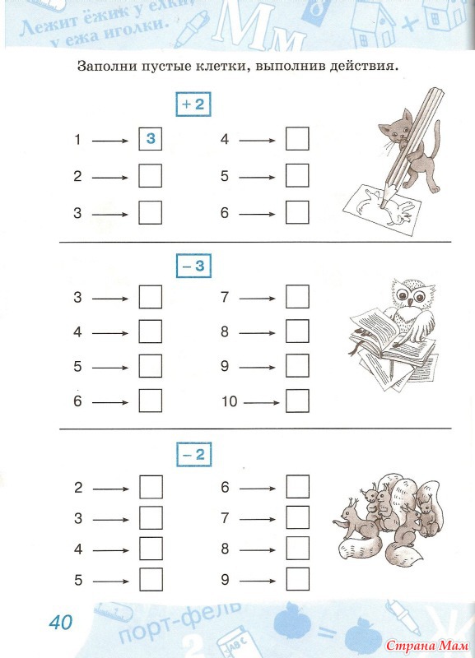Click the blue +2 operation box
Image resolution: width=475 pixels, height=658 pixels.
click(x=193, y=104)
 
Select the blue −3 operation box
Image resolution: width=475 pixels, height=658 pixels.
click(x=193, y=266)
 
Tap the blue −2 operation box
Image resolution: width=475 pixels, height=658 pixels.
click(x=193, y=455)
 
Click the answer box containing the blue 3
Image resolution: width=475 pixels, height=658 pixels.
click(x=151, y=138)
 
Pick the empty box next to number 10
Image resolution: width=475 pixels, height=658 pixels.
click(x=297, y=401)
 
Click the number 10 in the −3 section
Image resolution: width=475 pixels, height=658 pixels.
click(x=230, y=401)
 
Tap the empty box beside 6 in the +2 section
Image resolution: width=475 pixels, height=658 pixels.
click(x=297, y=212)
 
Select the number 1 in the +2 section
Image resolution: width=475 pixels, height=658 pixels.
click(x=77, y=139)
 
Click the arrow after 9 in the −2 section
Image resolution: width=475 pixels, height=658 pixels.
click(x=258, y=582)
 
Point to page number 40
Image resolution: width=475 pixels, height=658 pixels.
click(x=61, y=623)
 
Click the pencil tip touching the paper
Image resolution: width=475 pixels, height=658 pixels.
click(x=382, y=206)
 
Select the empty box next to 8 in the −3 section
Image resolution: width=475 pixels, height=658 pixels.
click(x=297, y=331)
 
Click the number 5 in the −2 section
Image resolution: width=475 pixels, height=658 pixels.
click(x=78, y=581)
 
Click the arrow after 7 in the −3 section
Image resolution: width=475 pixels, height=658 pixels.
click(x=257, y=299)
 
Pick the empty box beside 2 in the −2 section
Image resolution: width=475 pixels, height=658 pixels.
click(x=151, y=487)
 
